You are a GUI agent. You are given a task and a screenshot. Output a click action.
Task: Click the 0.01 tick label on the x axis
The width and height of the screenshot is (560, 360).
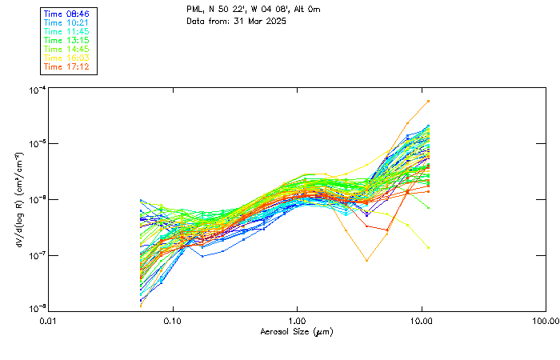(48, 320)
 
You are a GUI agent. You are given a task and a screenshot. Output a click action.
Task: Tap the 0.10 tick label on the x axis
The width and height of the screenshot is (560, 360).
(172, 320)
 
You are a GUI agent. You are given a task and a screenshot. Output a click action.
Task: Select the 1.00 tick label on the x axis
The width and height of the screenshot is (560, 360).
(297, 320)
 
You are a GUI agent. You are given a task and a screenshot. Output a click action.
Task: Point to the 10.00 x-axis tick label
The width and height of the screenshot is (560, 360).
(421, 320)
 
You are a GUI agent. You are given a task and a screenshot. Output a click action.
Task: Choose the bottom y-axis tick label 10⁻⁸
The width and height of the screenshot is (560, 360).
(37, 308)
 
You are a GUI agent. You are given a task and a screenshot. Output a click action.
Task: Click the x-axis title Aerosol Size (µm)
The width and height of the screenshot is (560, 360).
(296, 330)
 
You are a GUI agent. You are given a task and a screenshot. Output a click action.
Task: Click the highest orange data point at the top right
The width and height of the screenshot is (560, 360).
(429, 101)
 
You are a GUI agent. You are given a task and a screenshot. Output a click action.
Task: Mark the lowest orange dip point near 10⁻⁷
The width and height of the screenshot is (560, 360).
(366, 260)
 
